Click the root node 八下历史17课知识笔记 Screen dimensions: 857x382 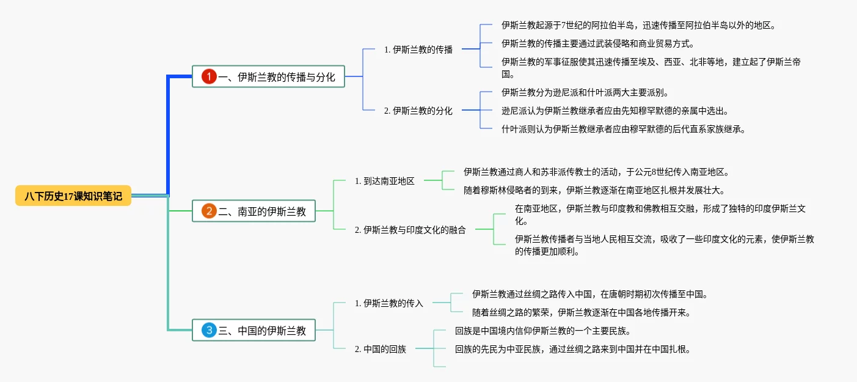tap(73, 196)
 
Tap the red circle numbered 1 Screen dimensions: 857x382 tap(209, 76)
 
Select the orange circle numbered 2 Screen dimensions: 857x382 tap(209, 211)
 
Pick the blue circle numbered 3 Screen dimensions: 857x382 tap(209, 330)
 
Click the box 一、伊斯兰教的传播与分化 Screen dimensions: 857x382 tap(268, 76)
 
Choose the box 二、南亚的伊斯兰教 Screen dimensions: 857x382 tap(253, 211)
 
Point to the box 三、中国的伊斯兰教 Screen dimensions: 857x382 tap(253, 330)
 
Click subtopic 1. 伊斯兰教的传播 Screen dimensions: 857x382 tap(418, 50)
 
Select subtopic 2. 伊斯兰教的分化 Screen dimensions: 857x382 tap(418, 111)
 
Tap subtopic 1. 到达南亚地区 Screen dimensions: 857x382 tap(384, 181)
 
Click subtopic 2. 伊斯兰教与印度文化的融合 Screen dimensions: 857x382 tap(410, 230)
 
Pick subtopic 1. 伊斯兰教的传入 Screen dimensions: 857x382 tap(388, 303)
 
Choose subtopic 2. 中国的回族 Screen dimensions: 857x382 tap(381, 349)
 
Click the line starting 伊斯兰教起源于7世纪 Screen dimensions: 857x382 tap(638, 25)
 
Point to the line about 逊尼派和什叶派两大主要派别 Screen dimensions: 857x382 tap(585, 92)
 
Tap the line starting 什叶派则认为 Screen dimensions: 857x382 tap(624, 129)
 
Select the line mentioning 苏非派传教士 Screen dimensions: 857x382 tap(596, 172)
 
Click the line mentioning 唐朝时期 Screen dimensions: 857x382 tap(590, 294)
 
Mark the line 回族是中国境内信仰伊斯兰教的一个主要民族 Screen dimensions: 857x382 tap(543, 331)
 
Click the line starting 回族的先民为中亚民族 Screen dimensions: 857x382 tap(573, 349)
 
